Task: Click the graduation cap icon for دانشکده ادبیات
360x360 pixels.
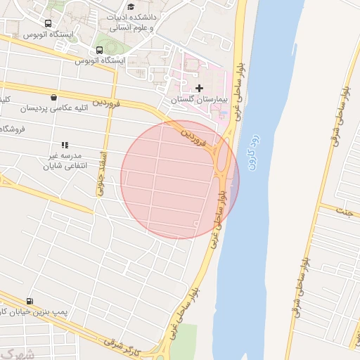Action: coord(131,6)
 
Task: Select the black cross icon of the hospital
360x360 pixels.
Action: coord(199,89)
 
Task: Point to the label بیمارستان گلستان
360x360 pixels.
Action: coord(200,101)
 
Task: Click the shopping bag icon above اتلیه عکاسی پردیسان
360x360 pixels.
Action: coord(55,98)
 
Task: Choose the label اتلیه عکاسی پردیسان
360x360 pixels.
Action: coord(53,110)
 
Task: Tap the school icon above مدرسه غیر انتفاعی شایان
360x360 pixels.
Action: coord(65,144)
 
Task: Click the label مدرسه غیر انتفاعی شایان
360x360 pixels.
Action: coord(64,161)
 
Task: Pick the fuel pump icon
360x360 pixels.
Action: coord(29,300)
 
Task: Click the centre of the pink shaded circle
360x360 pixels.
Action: coord(180,179)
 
